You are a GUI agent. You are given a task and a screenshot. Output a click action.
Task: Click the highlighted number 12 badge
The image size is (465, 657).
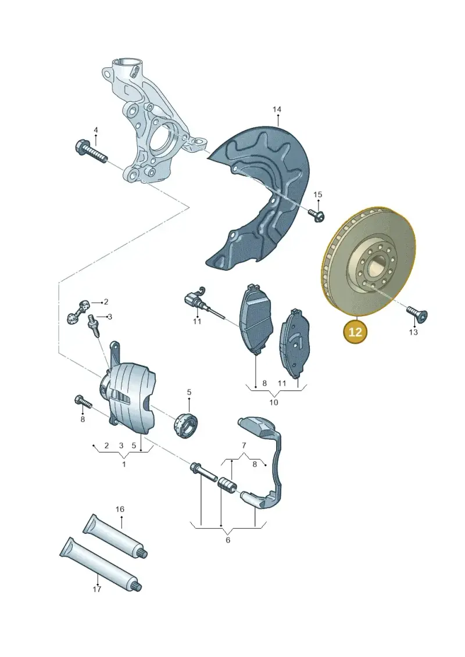355,332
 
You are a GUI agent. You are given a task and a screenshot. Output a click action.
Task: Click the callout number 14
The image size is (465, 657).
277,110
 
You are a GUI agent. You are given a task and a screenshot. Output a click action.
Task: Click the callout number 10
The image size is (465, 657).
273,402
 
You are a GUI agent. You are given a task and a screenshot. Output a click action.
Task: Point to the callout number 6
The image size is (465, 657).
228,540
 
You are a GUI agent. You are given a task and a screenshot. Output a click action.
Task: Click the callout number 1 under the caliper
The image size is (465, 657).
124,464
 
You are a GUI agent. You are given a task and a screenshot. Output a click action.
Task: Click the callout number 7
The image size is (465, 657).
244,446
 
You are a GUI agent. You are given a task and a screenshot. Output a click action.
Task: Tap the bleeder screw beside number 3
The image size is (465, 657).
92,325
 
